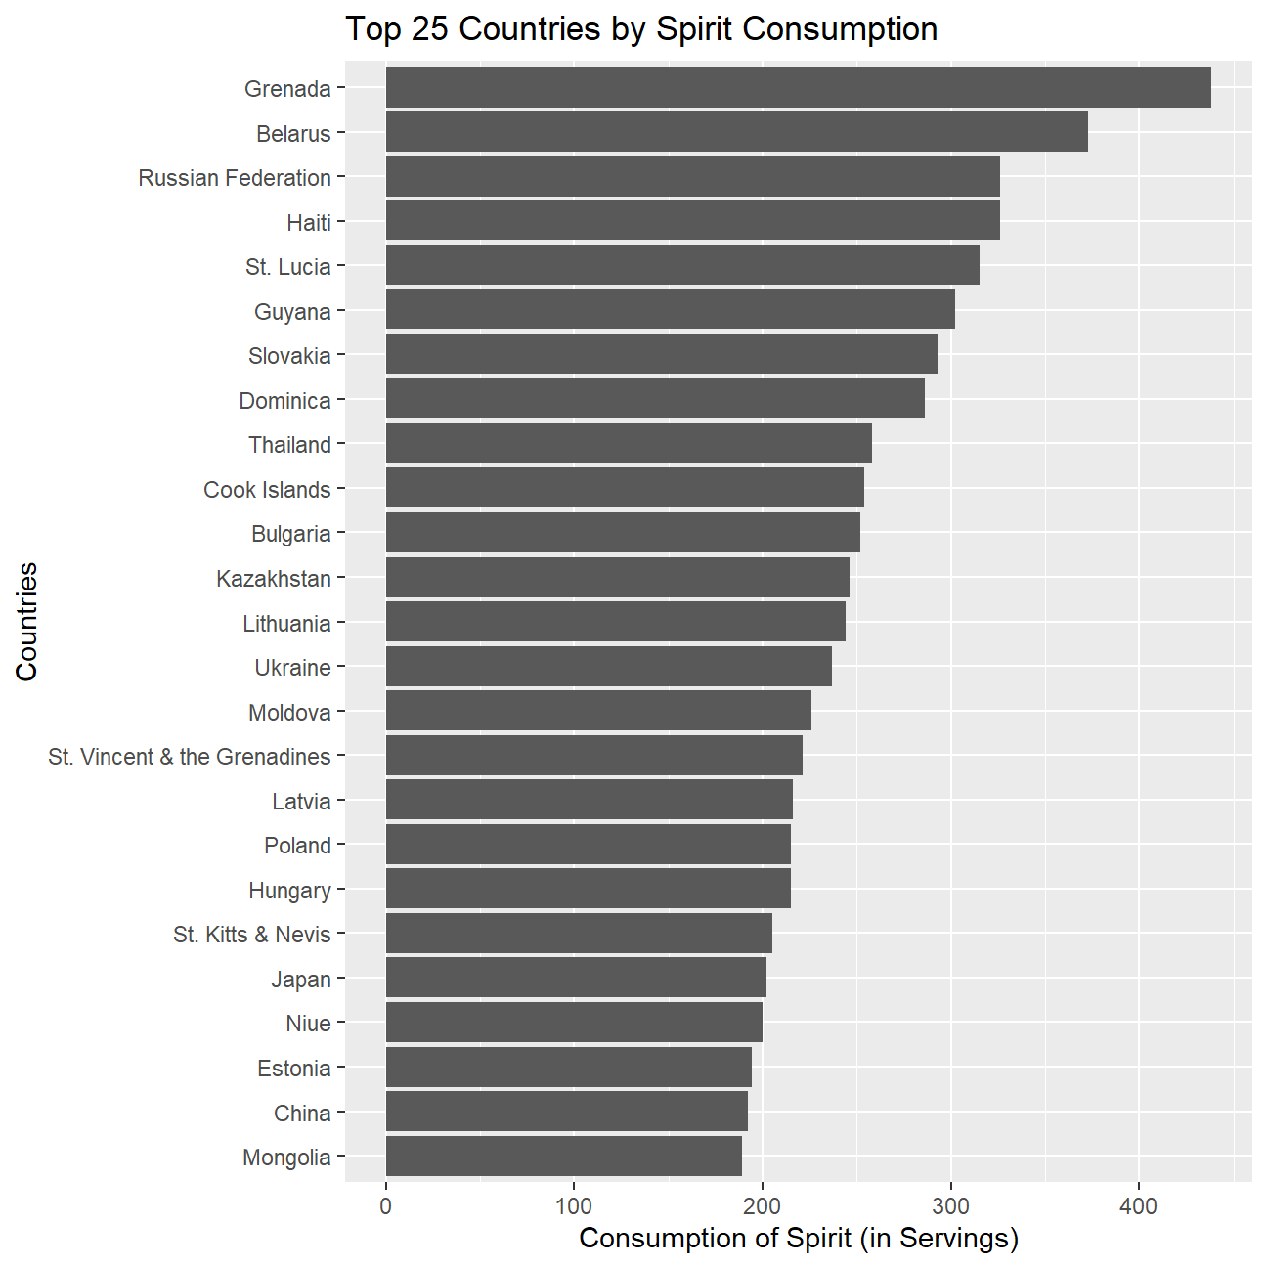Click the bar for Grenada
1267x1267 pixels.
tap(798, 88)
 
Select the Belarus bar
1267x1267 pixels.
tap(736, 132)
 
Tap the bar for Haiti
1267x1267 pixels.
tap(692, 221)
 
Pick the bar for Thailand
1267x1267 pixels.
tap(629, 444)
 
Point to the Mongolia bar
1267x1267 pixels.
tap(563, 1157)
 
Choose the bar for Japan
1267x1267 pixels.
tap(576, 978)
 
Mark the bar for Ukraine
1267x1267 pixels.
tap(608, 667)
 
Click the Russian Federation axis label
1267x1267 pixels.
tap(235, 178)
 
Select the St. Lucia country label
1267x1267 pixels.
tap(288, 267)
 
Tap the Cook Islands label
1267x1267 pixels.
tap(267, 489)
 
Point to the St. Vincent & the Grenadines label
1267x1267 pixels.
tap(190, 757)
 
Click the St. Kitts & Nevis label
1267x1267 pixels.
tap(252, 935)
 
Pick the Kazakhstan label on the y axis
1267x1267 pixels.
tap(274, 579)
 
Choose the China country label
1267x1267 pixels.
tap(302, 1113)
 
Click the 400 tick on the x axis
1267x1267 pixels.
tap(1138, 1206)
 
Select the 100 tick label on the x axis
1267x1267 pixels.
tap(574, 1206)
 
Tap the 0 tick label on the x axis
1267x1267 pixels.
tap(386, 1206)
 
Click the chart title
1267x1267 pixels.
tap(641, 29)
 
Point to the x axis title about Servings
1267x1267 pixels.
tap(799, 1238)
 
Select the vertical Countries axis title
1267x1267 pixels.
tap(26, 622)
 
